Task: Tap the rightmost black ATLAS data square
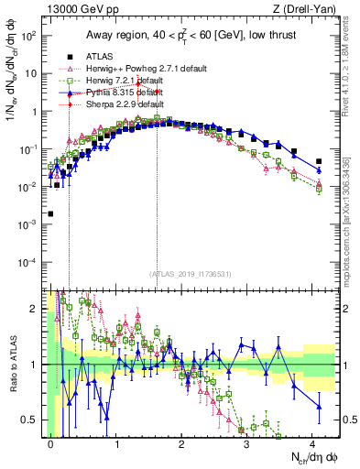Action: coord(319,161)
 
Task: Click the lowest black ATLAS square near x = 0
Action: coord(50,213)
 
